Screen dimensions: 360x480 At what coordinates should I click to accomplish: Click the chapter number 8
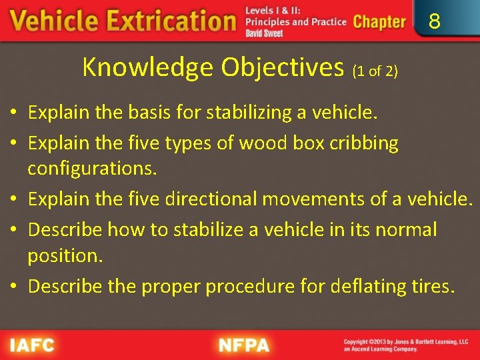click(435, 22)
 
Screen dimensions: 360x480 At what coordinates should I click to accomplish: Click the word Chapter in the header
click(379, 22)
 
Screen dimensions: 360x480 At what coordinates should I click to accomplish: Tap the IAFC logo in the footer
click(32, 345)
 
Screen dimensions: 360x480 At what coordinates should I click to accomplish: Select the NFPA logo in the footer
click(244, 345)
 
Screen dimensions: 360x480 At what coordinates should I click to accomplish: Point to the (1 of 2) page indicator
click(375, 71)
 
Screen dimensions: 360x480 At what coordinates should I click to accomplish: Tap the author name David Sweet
click(264, 33)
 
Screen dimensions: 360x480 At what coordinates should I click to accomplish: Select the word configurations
click(92, 169)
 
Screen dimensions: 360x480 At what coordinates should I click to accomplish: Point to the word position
click(65, 255)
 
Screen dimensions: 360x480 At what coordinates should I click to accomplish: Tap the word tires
click(433, 286)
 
